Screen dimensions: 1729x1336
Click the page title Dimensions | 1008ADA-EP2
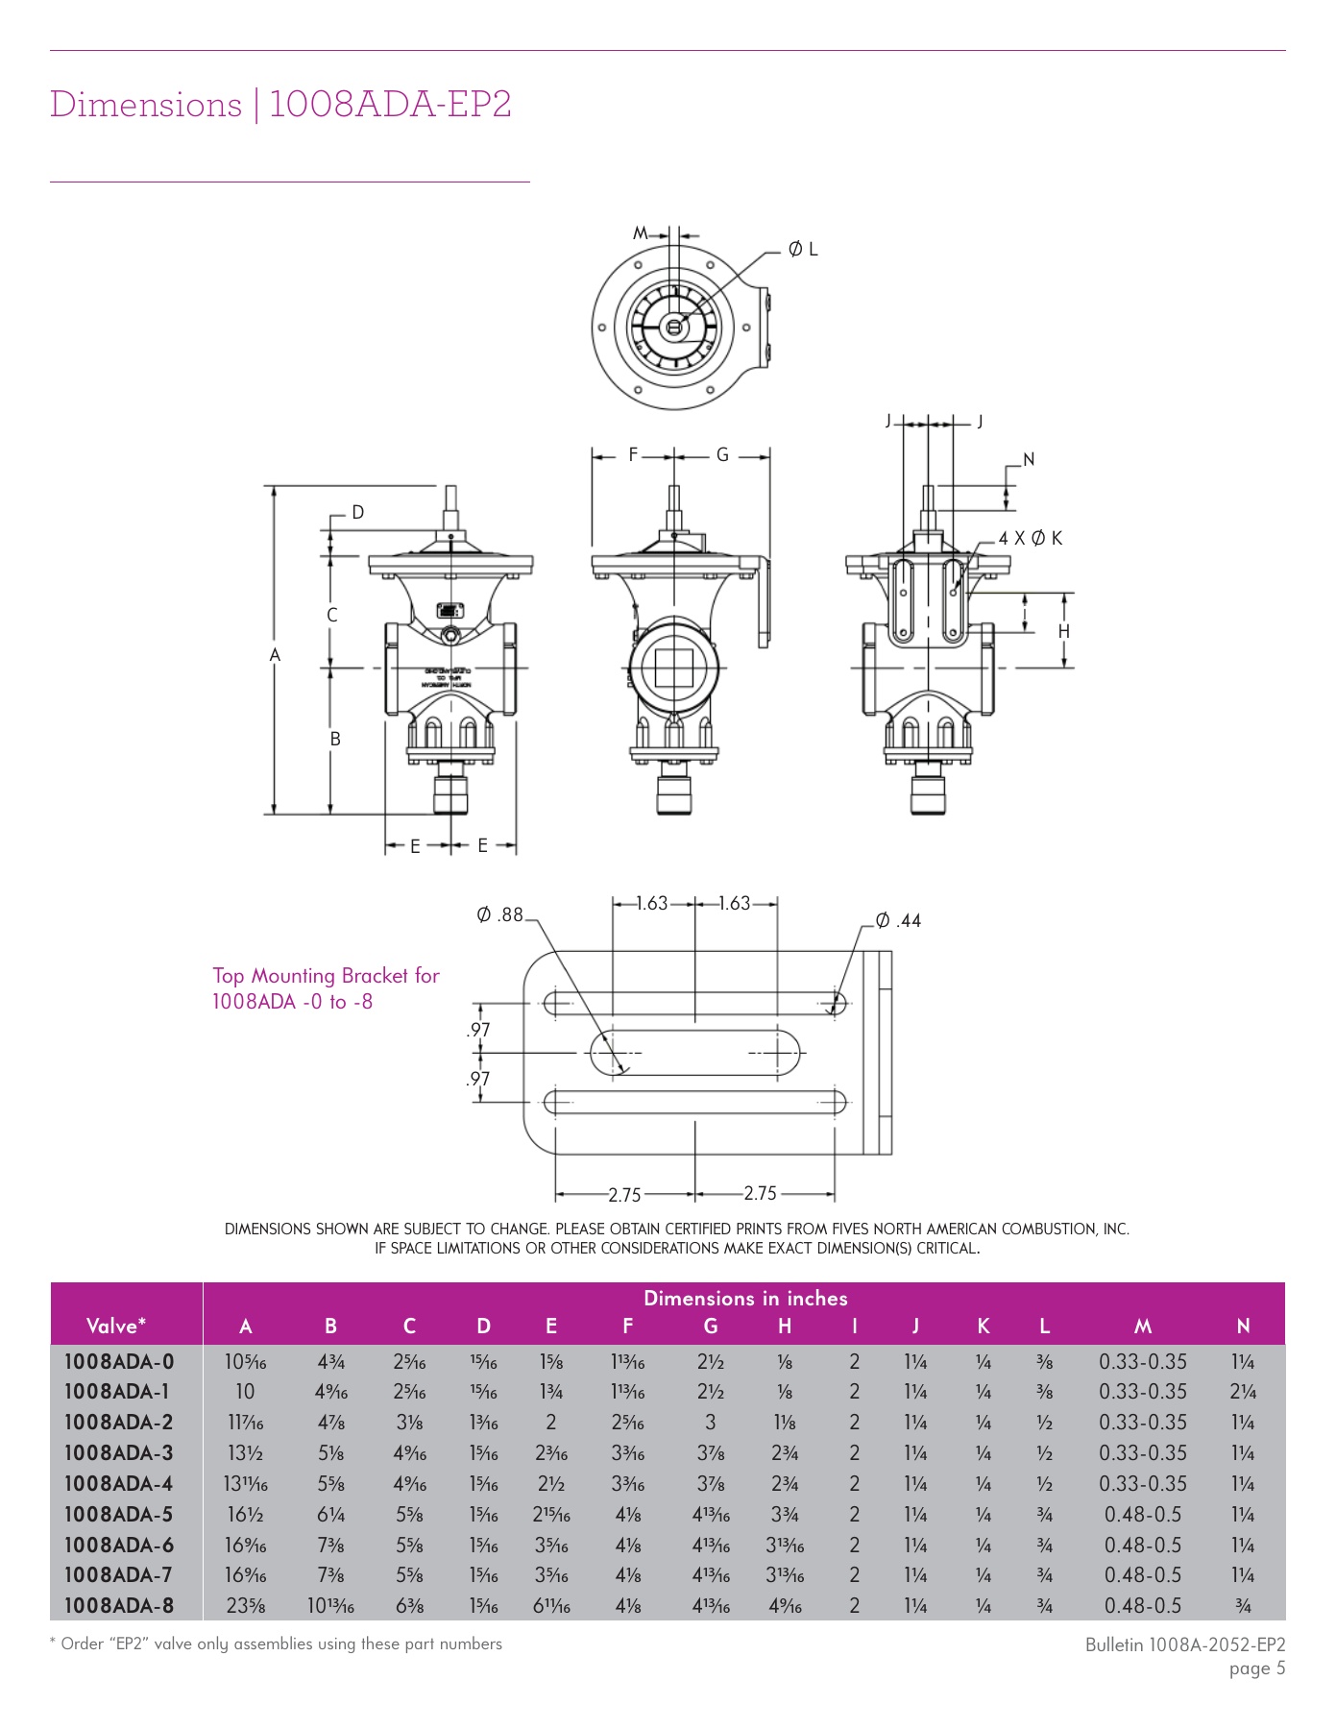280,104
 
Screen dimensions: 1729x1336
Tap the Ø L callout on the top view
803,250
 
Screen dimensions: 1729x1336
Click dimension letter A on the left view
275,655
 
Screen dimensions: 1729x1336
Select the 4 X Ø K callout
1030,538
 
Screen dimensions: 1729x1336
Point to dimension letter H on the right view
1063,631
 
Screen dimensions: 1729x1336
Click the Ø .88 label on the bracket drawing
499,914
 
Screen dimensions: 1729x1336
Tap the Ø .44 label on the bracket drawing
899,920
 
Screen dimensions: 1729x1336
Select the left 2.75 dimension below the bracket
624,1195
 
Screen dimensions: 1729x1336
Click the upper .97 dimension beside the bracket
478,1030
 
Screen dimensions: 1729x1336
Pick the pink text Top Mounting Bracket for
326,976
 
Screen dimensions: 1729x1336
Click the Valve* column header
116,1327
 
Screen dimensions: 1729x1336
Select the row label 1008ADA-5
119,1515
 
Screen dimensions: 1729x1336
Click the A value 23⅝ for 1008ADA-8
245,1606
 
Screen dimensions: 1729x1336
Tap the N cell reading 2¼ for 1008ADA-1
1243,1392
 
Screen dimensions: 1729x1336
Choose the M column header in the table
1142,1327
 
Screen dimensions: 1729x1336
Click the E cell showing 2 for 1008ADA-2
550,1423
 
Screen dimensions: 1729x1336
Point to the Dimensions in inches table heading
745,1299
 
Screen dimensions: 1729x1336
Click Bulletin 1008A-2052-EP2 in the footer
1184,1644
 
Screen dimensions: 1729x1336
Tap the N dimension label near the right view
1029,460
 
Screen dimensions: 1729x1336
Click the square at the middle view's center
673,668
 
